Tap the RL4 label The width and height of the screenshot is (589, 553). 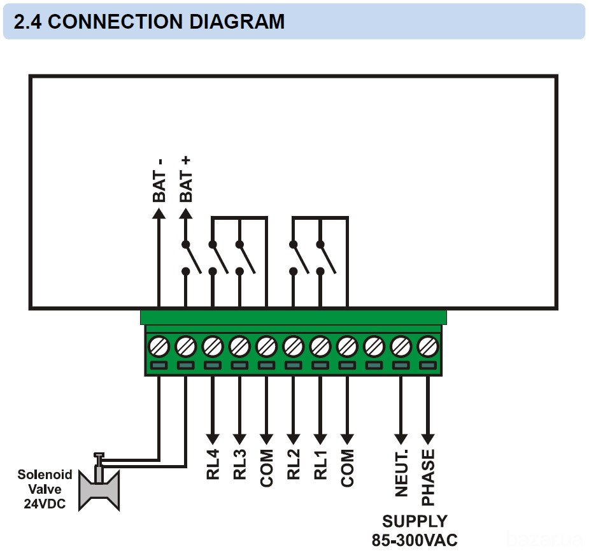213,464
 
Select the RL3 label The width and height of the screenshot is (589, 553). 239,464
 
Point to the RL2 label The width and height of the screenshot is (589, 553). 294,464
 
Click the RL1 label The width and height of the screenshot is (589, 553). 320,464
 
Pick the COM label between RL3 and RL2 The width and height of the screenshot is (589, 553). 266,468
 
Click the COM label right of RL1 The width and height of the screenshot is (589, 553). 348,468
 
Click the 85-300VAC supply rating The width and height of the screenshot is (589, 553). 415,540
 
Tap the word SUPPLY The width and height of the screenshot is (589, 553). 415,521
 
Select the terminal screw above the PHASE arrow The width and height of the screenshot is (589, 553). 428,347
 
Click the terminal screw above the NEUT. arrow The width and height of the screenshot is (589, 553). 401,347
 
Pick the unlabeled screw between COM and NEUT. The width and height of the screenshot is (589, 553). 374,347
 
